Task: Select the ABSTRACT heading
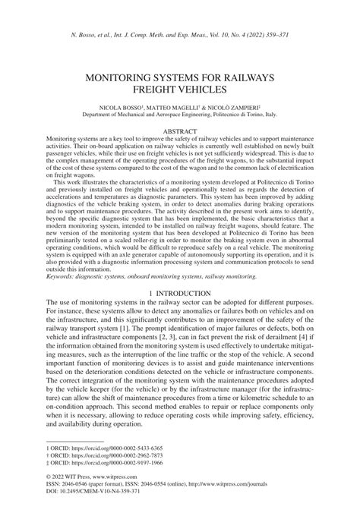point(180,131)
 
